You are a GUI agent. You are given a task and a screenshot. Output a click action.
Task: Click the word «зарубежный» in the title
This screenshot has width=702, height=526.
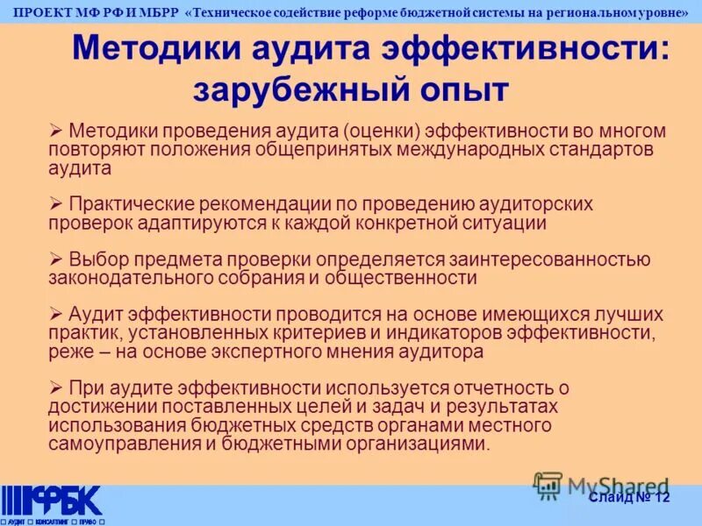[x=290, y=89]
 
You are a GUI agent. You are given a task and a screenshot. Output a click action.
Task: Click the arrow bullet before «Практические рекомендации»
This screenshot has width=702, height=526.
[x=56, y=203]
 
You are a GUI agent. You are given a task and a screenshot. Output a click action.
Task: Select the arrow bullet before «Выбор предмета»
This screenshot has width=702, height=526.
[x=56, y=259]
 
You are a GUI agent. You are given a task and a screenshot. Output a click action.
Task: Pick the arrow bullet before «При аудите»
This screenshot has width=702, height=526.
[x=56, y=387]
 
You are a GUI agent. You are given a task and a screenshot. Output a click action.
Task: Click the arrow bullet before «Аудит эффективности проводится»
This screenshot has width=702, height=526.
[x=56, y=314]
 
